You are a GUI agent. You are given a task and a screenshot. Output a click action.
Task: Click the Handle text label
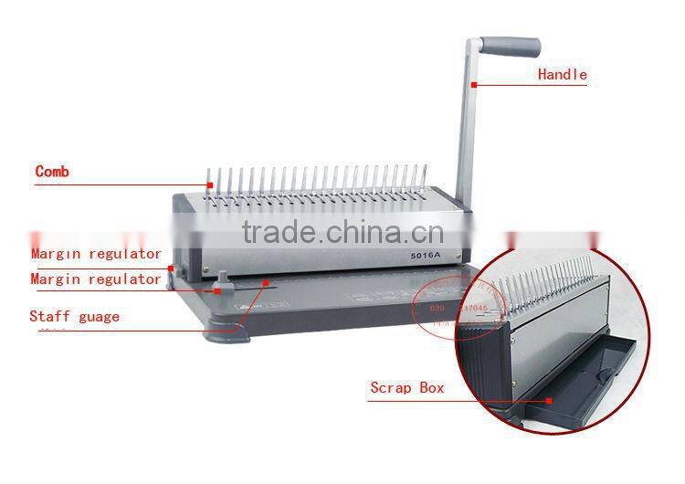point(562,75)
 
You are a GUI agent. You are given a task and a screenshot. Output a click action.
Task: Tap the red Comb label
point(52,171)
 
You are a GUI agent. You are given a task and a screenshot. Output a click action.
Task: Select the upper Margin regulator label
point(96,254)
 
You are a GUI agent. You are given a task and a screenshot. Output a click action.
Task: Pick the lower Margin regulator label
point(96,279)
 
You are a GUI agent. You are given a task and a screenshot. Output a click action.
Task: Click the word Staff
point(48,317)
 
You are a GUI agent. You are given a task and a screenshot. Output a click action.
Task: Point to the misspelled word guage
point(98,317)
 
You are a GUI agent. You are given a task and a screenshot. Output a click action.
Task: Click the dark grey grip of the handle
point(511,47)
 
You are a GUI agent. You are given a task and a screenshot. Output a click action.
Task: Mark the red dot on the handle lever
point(474,85)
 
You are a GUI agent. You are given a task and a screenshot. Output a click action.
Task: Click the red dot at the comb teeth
point(209,185)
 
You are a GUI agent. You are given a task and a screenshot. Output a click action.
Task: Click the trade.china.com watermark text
point(342,232)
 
